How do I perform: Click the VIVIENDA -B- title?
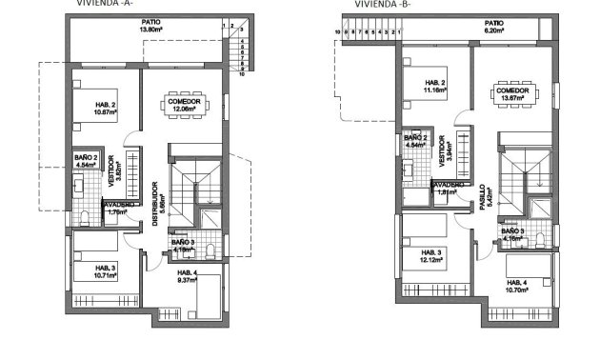point(379,4)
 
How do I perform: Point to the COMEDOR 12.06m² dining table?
point(182,108)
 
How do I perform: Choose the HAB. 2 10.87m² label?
point(105,109)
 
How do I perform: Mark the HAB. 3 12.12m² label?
point(434,256)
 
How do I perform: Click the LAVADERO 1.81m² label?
point(447,190)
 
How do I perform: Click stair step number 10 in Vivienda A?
point(242,72)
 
